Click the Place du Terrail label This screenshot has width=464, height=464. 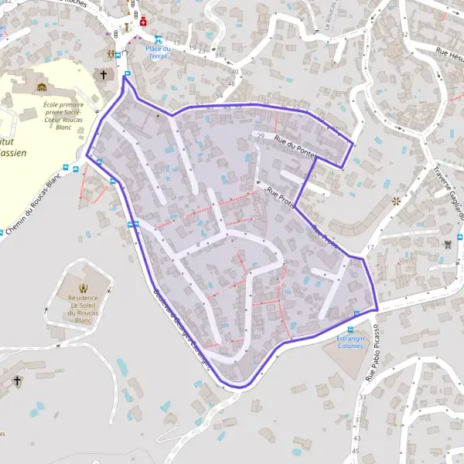(158, 52)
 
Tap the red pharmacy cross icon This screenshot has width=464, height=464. (143, 22)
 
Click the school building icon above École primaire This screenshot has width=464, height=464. (42, 87)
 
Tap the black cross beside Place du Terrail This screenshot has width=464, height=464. (103, 74)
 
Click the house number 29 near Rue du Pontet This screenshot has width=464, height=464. (261, 137)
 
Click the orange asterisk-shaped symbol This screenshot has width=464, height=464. (397, 201)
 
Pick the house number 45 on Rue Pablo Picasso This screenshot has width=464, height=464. (356, 450)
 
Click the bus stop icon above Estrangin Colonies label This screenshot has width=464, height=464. (356, 313)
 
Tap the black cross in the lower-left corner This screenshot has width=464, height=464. (18, 381)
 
